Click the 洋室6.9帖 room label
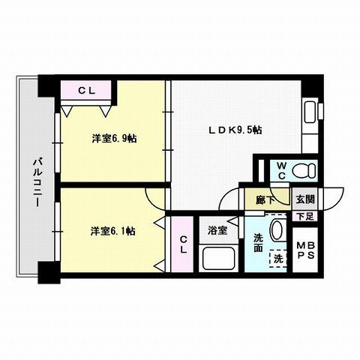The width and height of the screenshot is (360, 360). pos(114,138)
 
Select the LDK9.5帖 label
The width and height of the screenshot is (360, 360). pos(235,130)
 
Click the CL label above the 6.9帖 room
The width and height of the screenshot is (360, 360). pos(87,90)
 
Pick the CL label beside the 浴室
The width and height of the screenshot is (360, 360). pos(183,245)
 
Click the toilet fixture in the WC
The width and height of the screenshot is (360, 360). pos(304,169)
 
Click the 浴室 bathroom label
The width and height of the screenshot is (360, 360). pos(217,231)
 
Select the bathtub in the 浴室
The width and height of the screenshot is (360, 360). pos(220,259)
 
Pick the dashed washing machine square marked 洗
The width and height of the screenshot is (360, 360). pos(278,259)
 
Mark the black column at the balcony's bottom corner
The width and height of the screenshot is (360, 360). pos(47,274)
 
